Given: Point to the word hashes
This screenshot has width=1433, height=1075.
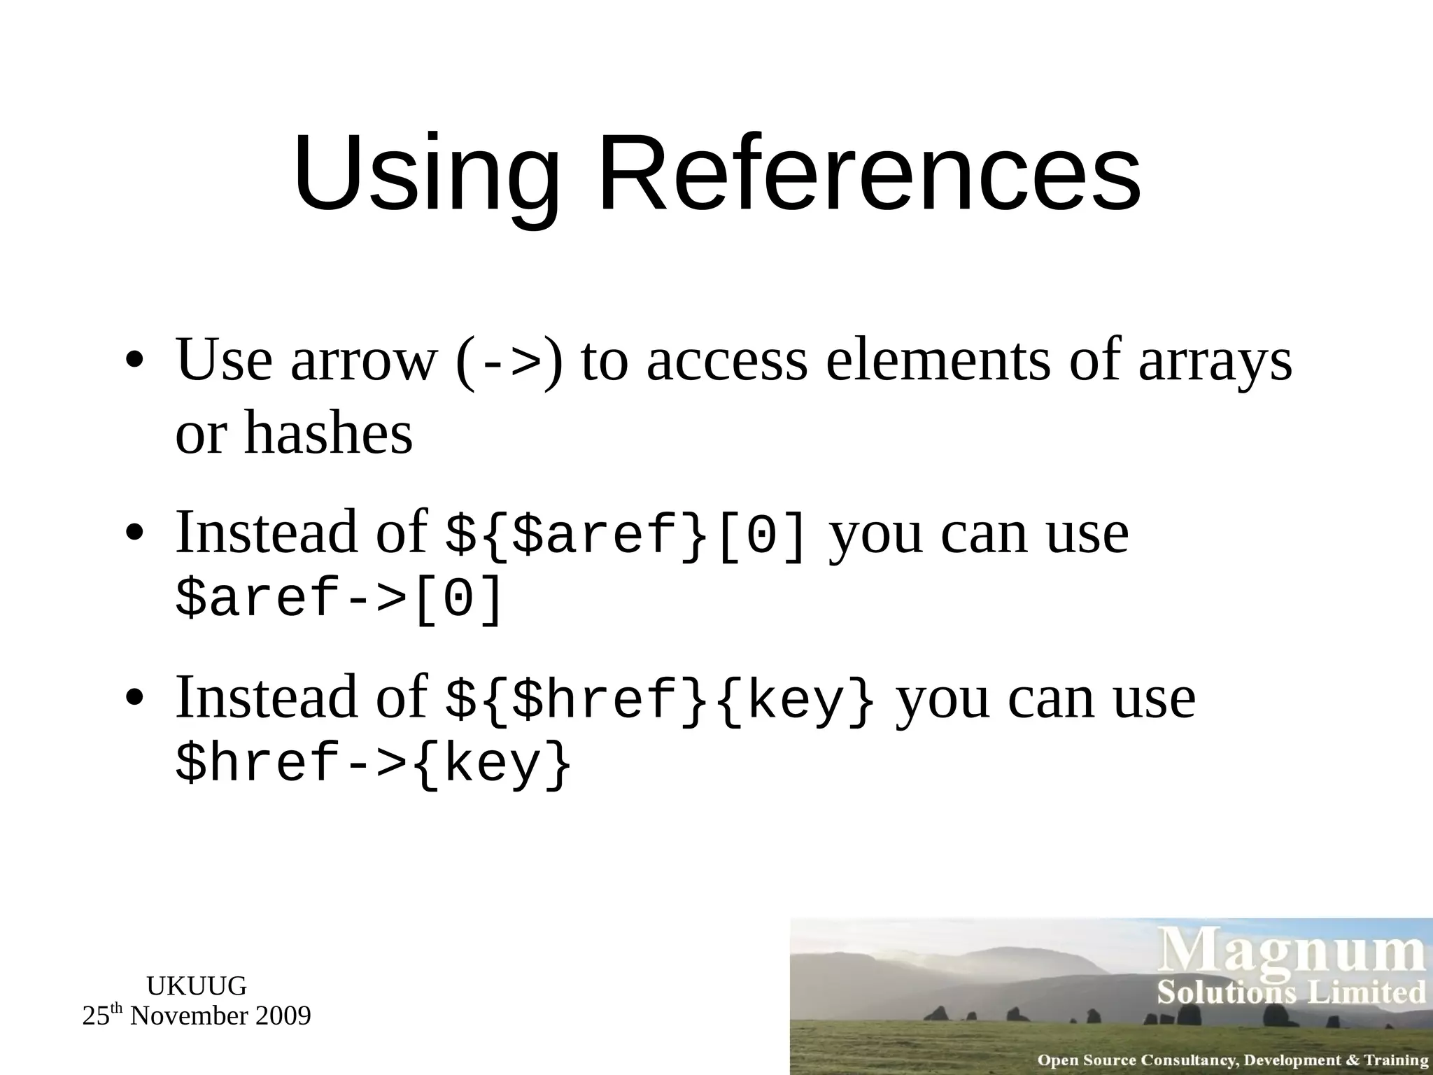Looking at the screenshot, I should [328, 434].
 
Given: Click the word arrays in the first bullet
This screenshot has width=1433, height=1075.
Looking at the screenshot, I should [1215, 363].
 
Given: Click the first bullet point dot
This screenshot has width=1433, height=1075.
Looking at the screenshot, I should [134, 363].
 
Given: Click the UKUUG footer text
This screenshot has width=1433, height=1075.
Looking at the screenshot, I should [197, 986].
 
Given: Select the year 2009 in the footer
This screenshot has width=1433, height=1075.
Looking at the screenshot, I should [283, 1016].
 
